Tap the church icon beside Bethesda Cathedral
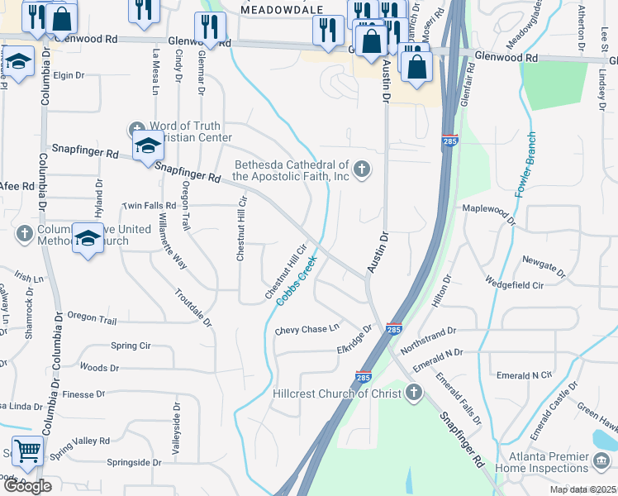[x=360, y=171]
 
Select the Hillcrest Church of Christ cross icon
[x=415, y=393]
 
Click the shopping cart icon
[x=28, y=451]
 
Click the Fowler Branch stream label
[x=526, y=165]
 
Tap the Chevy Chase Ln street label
[x=307, y=330]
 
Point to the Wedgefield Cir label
[x=515, y=284]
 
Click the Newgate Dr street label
[x=544, y=266]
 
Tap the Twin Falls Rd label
[x=149, y=205]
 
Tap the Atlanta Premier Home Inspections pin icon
[x=602, y=460]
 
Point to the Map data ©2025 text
[x=583, y=490]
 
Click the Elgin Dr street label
[x=69, y=75]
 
